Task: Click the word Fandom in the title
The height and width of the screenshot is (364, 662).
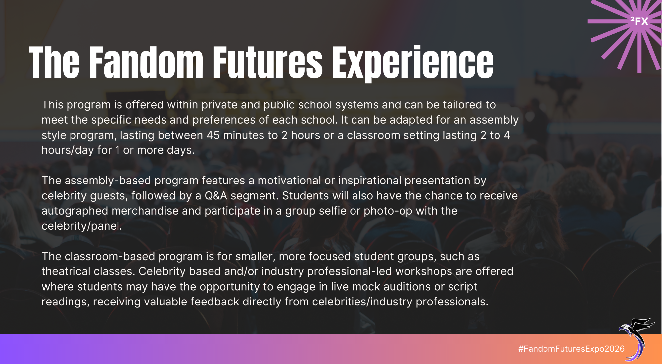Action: (146, 62)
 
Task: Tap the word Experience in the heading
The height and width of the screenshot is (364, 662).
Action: (413, 63)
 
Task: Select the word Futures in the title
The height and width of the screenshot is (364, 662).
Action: (267, 62)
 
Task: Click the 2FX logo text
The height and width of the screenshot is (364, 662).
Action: (639, 21)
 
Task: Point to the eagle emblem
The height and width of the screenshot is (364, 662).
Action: (636, 339)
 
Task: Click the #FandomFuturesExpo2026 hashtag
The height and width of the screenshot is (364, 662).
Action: (571, 349)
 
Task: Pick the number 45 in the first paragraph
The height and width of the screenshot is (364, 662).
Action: (213, 135)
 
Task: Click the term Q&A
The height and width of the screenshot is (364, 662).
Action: (216, 196)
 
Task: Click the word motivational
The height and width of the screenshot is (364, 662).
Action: (289, 181)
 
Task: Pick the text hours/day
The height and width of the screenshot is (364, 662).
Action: (68, 150)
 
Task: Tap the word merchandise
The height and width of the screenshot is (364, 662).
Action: (145, 211)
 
